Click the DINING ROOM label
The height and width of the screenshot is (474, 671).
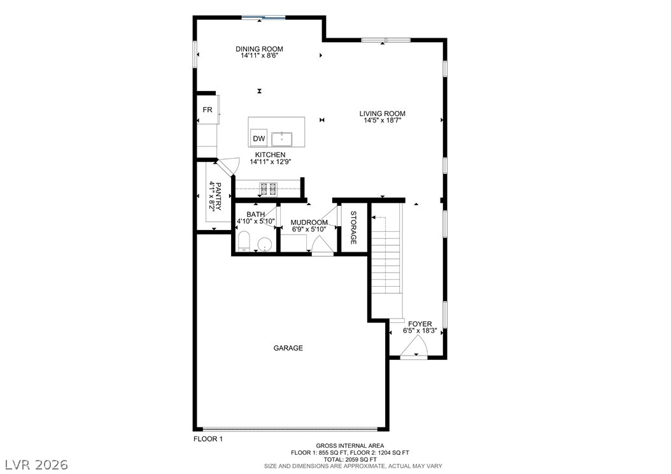[x=259, y=49]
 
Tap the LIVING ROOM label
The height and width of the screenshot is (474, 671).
[x=382, y=113]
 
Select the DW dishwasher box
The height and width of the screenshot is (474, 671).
[x=259, y=138]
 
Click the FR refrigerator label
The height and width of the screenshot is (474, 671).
[x=208, y=110]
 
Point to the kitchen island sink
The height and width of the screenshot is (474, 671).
[x=281, y=139]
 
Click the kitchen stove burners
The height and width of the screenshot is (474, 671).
[x=268, y=189]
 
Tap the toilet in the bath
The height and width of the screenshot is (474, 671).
[x=243, y=241]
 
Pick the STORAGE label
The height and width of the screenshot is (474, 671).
[x=353, y=227]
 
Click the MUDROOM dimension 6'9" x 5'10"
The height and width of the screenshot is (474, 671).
[x=309, y=229]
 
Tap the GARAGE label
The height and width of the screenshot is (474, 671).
[x=288, y=348]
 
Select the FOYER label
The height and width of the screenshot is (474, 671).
[x=420, y=324]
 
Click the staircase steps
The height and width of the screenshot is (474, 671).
[x=387, y=261]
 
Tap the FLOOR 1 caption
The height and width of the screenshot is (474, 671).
[x=208, y=439]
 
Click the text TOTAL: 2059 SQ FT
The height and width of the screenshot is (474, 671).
[x=350, y=459]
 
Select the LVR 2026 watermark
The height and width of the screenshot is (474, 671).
[x=36, y=464]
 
